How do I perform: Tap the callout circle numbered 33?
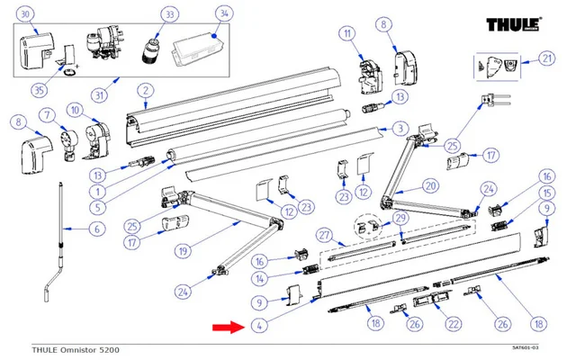click(168, 13)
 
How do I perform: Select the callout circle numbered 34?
click(223, 13)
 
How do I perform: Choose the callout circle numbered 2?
click(141, 89)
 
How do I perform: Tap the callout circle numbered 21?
click(546, 58)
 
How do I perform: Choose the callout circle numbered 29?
click(400, 220)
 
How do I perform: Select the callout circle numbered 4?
click(258, 326)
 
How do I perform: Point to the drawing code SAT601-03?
click(525, 348)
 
